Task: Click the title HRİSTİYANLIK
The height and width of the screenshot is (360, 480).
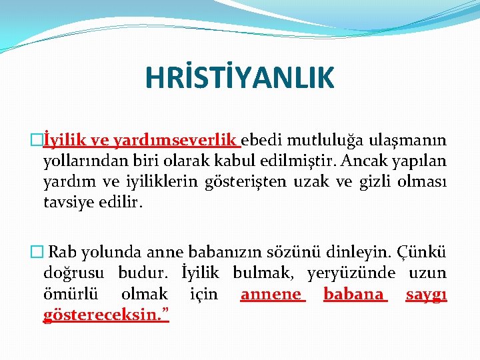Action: pyautogui.click(x=240, y=77)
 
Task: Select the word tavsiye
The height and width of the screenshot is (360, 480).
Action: pyautogui.click(x=67, y=201)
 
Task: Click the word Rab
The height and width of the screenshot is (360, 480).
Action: pyautogui.click(x=63, y=253)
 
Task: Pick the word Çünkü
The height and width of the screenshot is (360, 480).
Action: pyautogui.click(x=421, y=253)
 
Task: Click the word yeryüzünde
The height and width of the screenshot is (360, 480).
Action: pyautogui.click(x=351, y=273)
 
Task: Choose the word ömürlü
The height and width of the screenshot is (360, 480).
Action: pyautogui.click(x=69, y=294)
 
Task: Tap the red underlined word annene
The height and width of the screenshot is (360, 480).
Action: pyautogui.click(x=271, y=294)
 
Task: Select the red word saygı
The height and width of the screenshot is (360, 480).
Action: pyautogui.click(x=426, y=294)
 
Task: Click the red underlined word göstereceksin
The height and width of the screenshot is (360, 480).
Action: pyautogui.click(x=105, y=314)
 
